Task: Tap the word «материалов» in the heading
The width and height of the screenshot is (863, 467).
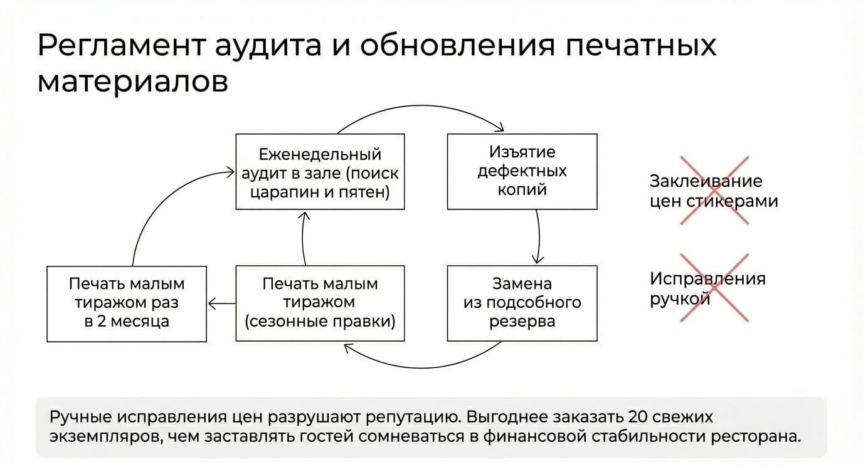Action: tap(133, 82)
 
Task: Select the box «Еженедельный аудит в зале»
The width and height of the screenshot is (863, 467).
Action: tap(320, 172)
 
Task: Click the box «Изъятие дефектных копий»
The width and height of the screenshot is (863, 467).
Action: tap(522, 172)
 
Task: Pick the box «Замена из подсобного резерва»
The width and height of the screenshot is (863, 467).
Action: tap(522, 303)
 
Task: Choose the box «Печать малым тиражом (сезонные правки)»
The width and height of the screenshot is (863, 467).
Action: tap(320, 303)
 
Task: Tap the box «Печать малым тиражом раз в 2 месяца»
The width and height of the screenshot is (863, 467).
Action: tap(126, 304)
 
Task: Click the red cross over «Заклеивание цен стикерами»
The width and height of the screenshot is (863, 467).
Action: tap(715, 191)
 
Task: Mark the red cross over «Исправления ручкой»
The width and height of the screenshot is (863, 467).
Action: tap(715, 288)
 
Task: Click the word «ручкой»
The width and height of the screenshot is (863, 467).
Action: tap(680, 300)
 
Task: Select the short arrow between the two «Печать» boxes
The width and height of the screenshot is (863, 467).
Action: tap(221, 304)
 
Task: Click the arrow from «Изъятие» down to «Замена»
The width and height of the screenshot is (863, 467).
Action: tap(539, 237)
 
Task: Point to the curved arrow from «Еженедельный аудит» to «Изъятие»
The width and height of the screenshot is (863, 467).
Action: tap(421, 105)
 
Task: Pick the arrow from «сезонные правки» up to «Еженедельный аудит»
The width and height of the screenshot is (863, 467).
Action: tap(303, 238)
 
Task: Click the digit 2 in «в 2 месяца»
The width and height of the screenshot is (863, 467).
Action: tap(102, 321)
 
